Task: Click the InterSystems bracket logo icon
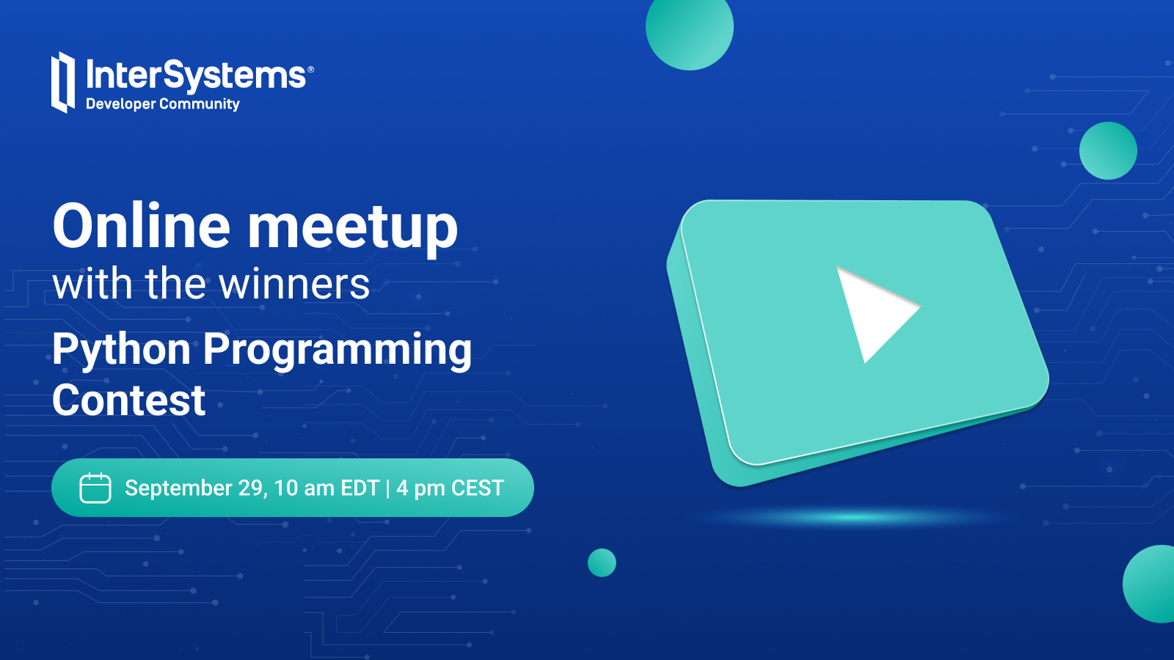[x=63, y=82]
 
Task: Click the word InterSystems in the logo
[x=196, y=75]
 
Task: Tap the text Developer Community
[x=162, y=104]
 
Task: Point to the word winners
[x=294, y=284]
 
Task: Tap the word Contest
[x=129, y=400]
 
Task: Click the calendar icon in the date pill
[x=95, y=488]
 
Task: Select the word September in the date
[x=179, y=488]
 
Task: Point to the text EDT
[x=360, y=488]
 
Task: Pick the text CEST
[x=478, y=488]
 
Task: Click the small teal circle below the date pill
[x=602, y=562]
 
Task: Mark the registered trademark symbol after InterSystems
[x=310, y=70]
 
